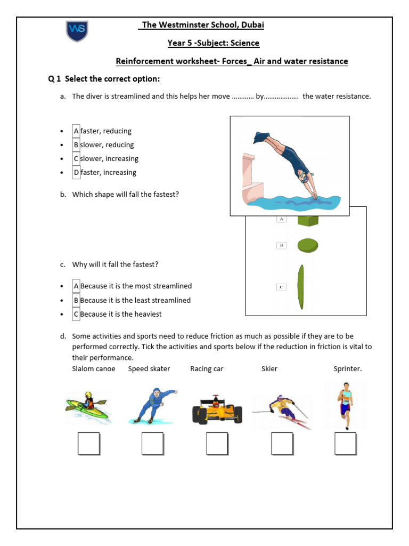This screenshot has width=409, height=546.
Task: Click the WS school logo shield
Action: pos(77,31)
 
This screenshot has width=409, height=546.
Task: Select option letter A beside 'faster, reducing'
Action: pos(76,131)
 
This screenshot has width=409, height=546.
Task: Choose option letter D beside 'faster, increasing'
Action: pos(76,173)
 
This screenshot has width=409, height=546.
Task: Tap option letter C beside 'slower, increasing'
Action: pos(76,159)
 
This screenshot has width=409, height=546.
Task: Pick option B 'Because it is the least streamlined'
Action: pos(76,300)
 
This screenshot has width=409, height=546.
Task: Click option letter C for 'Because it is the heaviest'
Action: pos(76,314)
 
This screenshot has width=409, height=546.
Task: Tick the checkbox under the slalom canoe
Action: pos(88,444)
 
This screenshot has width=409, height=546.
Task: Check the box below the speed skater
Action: pos(152,444)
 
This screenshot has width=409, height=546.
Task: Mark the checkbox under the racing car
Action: pos(217,444)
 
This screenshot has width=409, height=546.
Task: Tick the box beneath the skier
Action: pos(282,444)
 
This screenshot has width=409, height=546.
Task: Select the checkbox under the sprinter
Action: pos(346,444)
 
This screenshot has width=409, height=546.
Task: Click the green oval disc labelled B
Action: pos(307,245)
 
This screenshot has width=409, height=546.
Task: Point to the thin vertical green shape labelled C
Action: pos(301,287)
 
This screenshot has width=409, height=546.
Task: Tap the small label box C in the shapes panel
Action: pos(281,287)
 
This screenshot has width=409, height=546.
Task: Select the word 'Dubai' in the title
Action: pos(252,25)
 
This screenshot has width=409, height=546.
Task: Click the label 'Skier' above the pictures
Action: pos(269,369)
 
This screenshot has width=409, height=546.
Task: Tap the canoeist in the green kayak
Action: pos(88,406)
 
